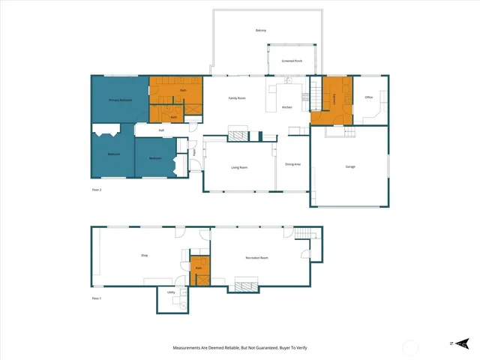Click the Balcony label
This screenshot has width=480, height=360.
[x=261, y=30]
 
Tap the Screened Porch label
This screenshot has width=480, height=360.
[x=292, y=61]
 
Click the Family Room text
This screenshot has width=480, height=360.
[x=237, y=97]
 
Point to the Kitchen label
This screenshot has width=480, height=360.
[x=286, y=107]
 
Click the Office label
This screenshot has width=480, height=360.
[x=368, y=97]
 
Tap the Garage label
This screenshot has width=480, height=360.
[x=350, y=166]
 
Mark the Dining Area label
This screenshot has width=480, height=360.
[x=292, y=163]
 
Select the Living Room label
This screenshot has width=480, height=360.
[x=240, y=167]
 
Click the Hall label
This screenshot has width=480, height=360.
[x=161, y=130]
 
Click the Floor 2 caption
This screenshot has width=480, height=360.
[x=96, y=190]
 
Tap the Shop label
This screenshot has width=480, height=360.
[x=144, y=256]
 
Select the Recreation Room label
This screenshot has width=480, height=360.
[x=256, y=258]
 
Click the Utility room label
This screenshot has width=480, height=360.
[x=171, y=292]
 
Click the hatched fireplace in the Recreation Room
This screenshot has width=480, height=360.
[x=245, y=284]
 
